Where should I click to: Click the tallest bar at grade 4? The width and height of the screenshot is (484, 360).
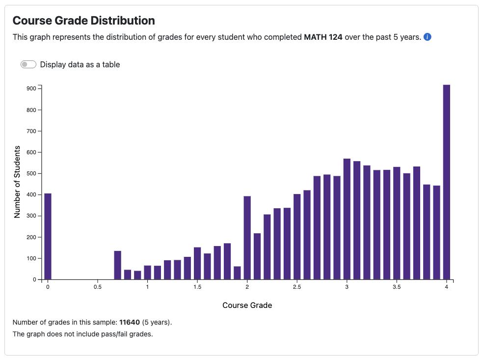(x=447, y=182)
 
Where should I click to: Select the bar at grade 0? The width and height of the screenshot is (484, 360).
(x=48, y=236)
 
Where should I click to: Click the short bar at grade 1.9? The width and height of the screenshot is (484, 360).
(x=238, y=273)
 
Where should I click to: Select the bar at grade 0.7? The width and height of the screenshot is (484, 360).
(x=118, y=265)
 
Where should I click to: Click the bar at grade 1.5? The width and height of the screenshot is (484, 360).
(x=197, y=263)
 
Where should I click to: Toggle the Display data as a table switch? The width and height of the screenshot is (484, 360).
(x=28, y=64)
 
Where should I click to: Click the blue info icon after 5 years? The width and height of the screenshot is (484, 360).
(x=427, y=37)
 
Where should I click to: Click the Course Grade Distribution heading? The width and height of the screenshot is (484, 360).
(x=83, y=21)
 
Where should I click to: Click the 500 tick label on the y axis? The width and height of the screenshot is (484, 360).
(x=31, y=173)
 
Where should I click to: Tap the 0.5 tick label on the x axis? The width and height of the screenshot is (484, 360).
(x=98, y=287)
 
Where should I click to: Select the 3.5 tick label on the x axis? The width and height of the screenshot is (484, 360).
(x=397, y=287)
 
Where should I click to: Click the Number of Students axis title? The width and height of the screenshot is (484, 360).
(x=17, y=182)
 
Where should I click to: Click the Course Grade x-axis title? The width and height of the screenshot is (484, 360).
(x=247, y=305)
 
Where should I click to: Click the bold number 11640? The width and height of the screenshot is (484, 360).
(x=130, y=323)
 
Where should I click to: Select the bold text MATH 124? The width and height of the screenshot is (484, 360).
(x=323, y=37)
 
